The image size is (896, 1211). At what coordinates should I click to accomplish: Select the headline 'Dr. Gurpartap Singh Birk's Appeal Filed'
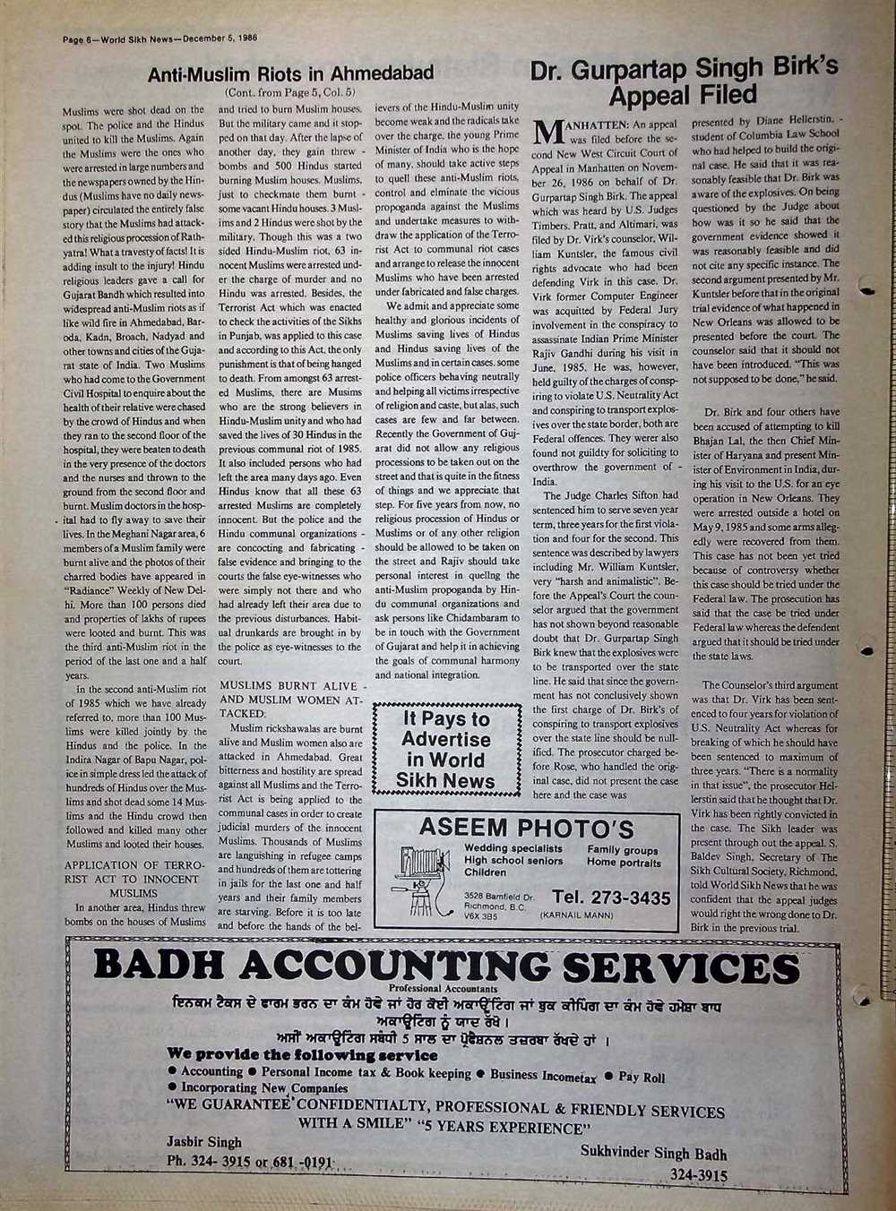(684, 81)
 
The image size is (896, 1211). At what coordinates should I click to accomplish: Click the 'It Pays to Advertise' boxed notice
(446, 750)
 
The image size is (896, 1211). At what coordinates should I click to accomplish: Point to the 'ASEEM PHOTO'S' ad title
(526, 828)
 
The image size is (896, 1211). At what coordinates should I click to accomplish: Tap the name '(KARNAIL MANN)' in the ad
(576, 916)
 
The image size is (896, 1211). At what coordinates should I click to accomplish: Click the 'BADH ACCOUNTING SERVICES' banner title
(446, 967)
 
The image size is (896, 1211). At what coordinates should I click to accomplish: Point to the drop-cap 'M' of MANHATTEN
(547, 133)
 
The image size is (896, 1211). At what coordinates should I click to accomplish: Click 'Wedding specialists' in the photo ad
(513, 848)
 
